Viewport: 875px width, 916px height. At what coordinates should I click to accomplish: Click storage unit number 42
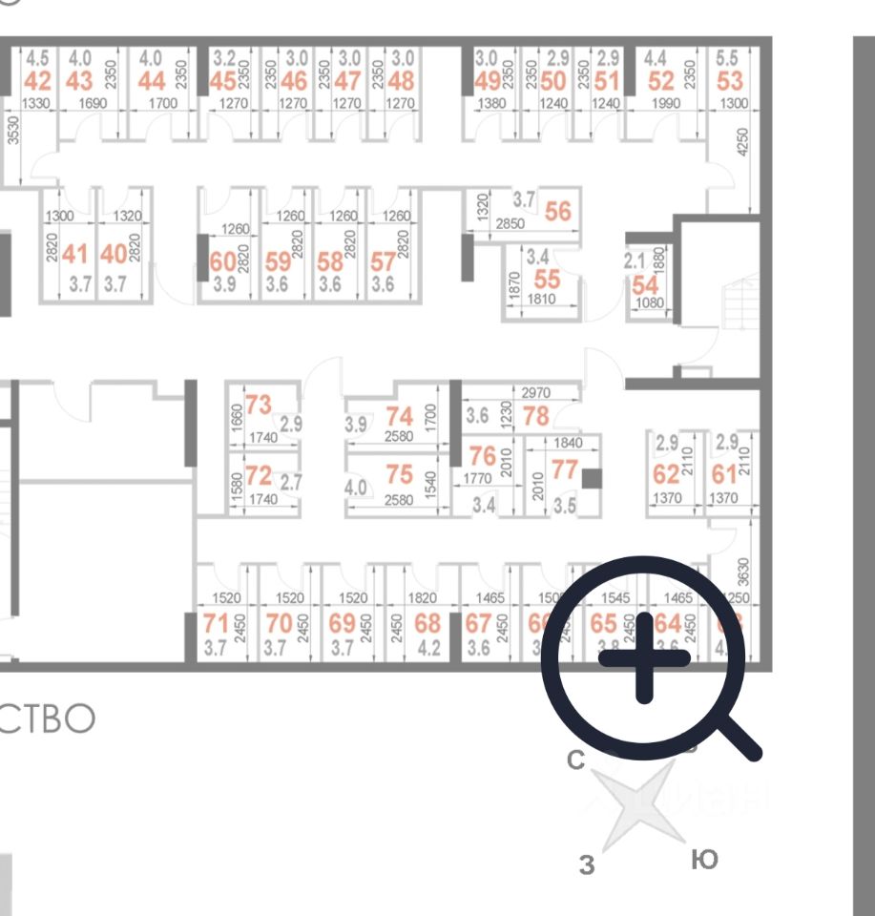39,80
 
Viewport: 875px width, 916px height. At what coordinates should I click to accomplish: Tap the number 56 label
557,211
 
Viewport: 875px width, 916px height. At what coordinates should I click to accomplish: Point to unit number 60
222,261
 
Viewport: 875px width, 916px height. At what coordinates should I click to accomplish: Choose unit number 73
259,405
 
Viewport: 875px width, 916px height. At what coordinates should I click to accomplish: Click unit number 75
399,473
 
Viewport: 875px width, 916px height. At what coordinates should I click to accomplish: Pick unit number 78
536,416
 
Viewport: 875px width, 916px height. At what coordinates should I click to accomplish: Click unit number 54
645,284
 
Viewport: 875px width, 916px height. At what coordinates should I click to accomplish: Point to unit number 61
725,474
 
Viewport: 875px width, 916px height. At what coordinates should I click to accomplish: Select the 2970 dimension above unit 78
537,392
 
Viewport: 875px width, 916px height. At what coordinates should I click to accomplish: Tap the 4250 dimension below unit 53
743,144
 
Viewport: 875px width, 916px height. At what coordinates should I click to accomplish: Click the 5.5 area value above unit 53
728,57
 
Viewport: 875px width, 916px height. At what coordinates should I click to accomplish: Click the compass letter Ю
703,860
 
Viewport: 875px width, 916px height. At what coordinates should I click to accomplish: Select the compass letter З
588,864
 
